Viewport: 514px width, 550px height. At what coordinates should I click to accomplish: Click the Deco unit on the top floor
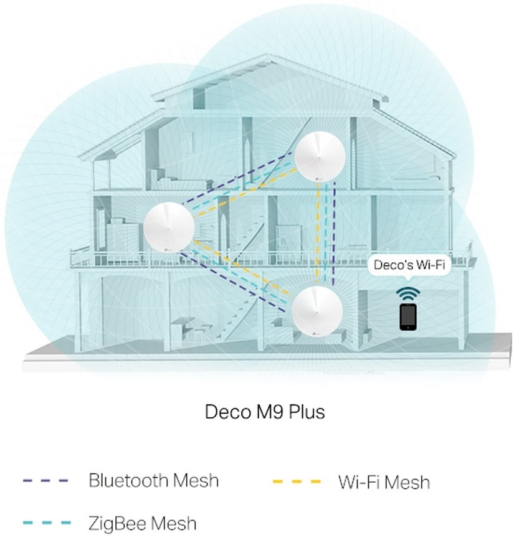[x=320, y=159]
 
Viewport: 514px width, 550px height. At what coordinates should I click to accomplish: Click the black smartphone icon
[x=408, y=316]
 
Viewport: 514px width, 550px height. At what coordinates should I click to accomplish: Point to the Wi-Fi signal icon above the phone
[x=408, y=293]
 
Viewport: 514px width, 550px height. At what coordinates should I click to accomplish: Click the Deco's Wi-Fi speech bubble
[x=409, y=265]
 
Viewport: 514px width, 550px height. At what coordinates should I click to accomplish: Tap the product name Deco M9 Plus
[x=265, y=412]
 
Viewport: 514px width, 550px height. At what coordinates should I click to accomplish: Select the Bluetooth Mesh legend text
[x=153, y=481]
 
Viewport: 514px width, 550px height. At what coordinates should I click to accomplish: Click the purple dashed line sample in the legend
[x=45, y=481]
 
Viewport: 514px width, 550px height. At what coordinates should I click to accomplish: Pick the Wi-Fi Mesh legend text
[x=384, y=481]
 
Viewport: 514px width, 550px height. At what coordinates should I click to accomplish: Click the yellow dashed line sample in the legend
[x=297, y=481]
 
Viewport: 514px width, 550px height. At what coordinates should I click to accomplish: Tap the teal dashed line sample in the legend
[x=45, y=523]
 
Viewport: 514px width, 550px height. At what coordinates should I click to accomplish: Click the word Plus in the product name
[x=305, y=412]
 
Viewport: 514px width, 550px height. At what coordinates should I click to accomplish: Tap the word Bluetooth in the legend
[x=128, y=481]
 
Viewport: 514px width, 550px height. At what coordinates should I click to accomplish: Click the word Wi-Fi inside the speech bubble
[x=430, y=265]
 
